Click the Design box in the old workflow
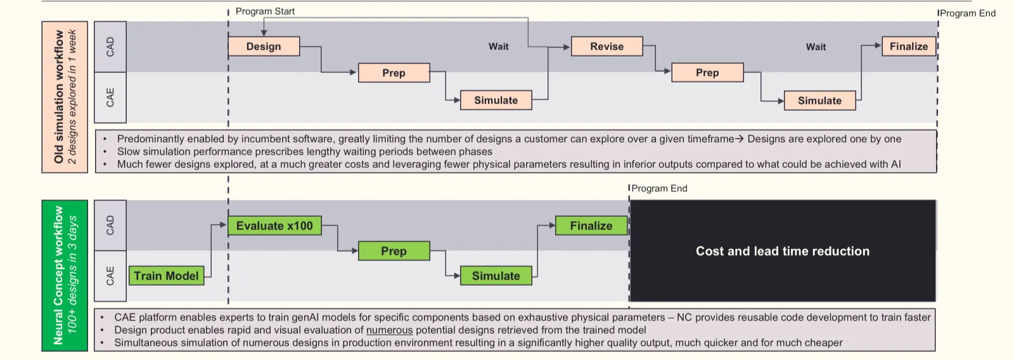point(264,46)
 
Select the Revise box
point(606,46)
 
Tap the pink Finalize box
point(908,46)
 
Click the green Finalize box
point(591,226)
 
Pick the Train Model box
point(166,276)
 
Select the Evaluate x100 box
point(274,226)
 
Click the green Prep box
point(394,251)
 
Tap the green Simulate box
point(496,276)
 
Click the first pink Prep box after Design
point(394,73)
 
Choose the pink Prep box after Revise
point(707,73)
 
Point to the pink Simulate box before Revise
point(496,100)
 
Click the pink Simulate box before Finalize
point(819,101)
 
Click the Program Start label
point(265,11)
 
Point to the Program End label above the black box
point(659,188)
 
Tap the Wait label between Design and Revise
point(498,46)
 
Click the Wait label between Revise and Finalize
point(816,47)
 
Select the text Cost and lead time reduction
point(782,251)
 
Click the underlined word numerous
point(389,330)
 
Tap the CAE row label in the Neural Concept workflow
point(110,276)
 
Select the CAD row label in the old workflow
point(110,46)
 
